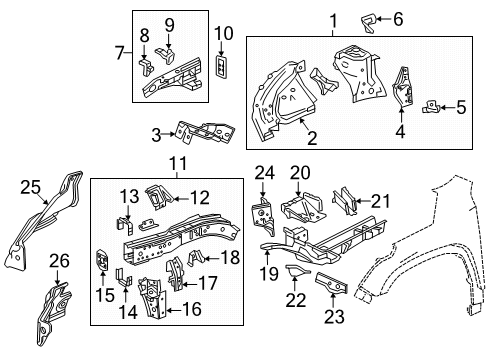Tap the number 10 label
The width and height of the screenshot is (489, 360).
(222, 33)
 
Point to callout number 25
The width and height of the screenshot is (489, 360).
(31, 184)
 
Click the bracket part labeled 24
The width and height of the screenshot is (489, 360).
(261, 210)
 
